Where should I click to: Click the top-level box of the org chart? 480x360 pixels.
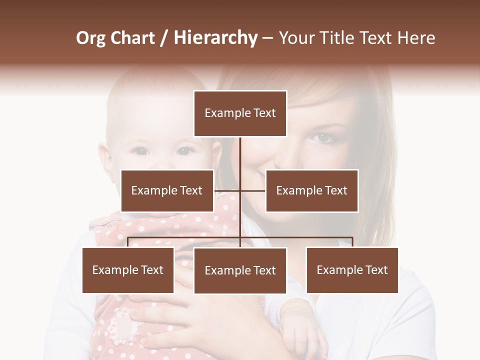240,113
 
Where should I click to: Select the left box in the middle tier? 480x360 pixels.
167,190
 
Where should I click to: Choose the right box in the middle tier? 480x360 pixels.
311,190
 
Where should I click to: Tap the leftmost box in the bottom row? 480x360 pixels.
128,270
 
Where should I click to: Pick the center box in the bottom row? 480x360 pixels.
240,270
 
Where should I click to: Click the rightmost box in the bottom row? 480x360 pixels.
352,270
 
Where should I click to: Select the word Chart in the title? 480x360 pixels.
132,38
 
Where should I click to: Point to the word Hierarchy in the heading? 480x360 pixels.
215,38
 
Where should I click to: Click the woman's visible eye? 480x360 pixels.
324,136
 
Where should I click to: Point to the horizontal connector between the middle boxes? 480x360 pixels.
240,190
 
